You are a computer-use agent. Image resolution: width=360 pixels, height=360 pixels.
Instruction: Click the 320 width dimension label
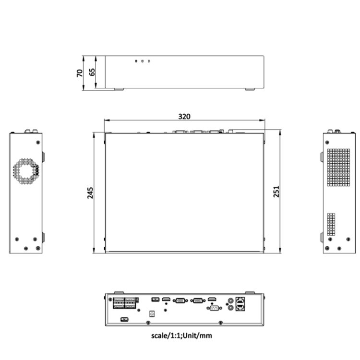point(184,116)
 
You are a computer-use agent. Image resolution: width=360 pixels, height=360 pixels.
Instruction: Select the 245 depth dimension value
point(90,192)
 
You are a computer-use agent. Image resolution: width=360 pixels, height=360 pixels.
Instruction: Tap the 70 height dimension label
point(80,72)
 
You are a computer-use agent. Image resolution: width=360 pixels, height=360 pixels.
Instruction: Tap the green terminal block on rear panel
point(125,303)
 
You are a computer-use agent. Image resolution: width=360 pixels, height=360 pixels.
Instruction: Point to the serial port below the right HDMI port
point(214,309)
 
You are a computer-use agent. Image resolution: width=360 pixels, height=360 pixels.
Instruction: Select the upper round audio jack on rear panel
point(231,299)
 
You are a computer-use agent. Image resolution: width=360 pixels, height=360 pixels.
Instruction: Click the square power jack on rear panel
point(153,313)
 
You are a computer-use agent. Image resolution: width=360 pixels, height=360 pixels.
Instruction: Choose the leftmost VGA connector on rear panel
point(180,300)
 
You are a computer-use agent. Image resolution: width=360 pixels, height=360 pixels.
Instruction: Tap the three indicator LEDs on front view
point(143,61)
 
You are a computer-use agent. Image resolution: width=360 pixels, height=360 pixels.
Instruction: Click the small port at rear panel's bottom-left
point(123,319)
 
